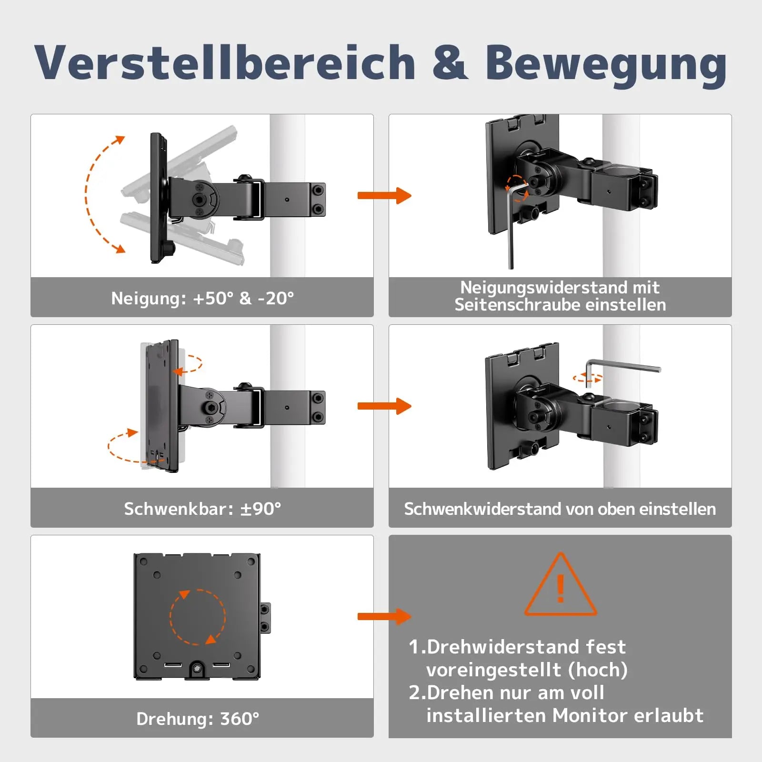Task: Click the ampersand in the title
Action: coord(450,63)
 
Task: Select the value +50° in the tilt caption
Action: coord(213,298)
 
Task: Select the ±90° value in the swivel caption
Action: coord(261,509)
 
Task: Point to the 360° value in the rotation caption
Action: coord(240,719)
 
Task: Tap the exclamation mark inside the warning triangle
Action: coord(561,589)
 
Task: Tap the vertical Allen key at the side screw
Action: coord(511,233)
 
